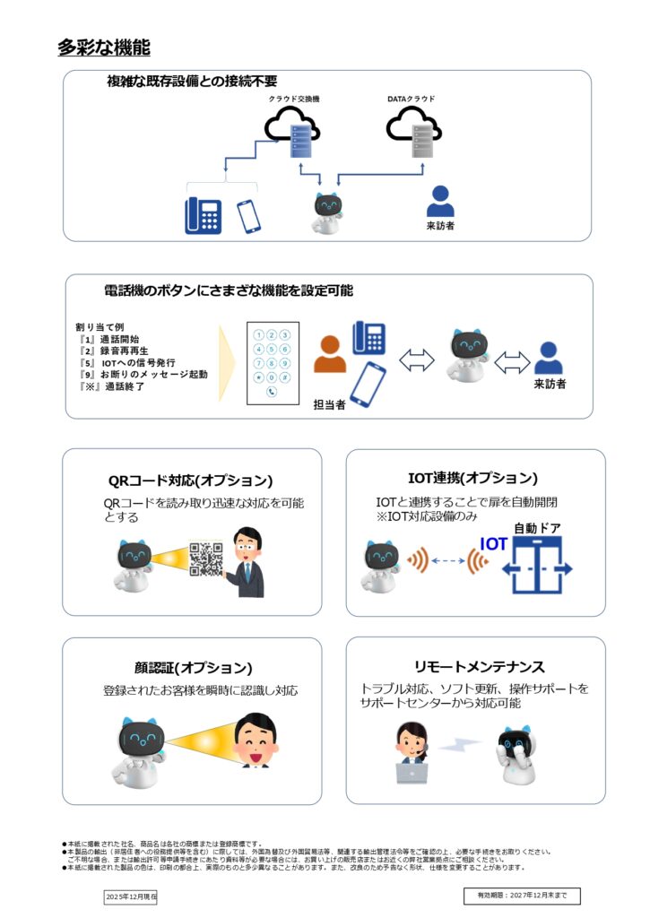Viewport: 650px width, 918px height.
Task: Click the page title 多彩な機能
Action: point(103,48)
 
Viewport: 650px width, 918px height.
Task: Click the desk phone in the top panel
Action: point(204,215)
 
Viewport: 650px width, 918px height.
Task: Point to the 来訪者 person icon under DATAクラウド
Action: point(439,202)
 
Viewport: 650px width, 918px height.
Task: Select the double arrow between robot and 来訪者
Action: point(512,361)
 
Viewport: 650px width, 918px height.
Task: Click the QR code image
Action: point(206,559)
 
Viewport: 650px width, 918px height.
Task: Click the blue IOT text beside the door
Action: point(493,544)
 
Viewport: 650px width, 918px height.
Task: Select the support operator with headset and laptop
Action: point(412,753)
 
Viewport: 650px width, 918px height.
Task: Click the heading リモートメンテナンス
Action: point(480,667)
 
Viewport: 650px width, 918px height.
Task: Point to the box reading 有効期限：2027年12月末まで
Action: point(522,896)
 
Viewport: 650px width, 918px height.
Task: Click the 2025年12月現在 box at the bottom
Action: point(131,896)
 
